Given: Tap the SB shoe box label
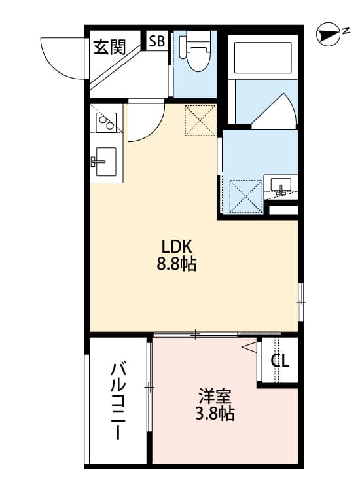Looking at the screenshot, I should click(156, 41).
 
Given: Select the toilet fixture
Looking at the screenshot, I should click(194, 52).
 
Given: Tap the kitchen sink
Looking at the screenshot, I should click(105, 160).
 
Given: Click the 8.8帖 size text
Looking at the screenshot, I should click(176, 264).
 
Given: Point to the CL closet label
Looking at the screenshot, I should click(279, 361).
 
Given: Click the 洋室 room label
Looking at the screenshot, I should click(215, 396).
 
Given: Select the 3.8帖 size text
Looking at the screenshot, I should click(215, 414).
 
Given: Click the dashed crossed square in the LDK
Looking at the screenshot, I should click(200, 120).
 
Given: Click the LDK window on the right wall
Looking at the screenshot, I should click(301, 302).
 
